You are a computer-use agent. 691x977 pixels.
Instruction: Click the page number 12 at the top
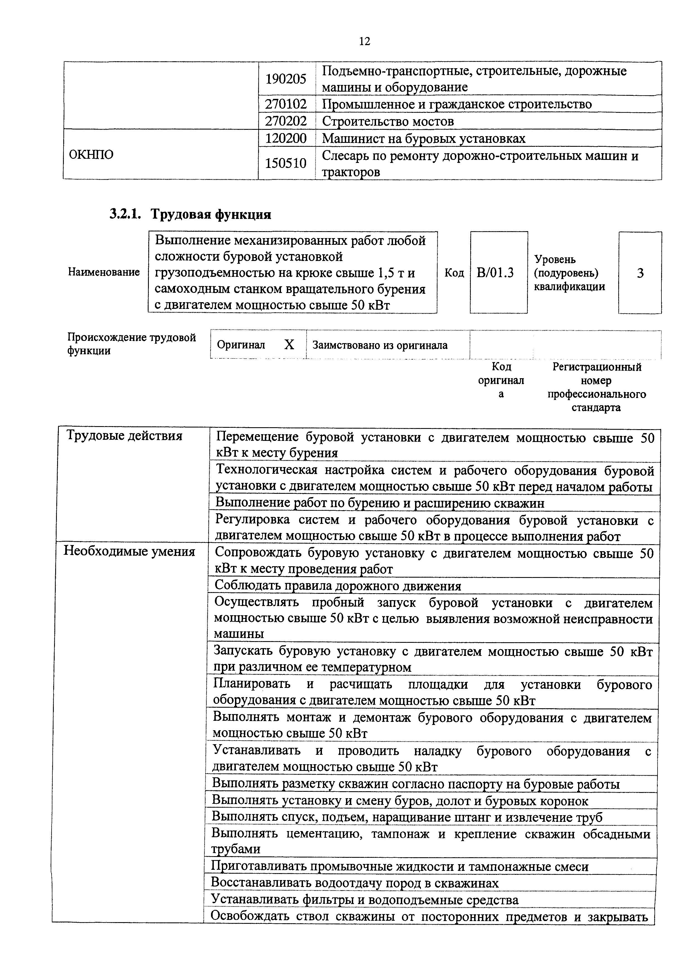pos(364,41)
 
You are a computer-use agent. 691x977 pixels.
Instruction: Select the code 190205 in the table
pos(286,79)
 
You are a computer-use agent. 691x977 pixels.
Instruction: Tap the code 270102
pos(286,104)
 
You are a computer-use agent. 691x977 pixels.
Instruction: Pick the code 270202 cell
pos(286,121)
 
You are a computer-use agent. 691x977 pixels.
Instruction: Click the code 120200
pos(286,138)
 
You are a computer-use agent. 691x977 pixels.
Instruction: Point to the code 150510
pos(286,163)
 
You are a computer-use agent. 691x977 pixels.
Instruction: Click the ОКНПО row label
pos(91,155)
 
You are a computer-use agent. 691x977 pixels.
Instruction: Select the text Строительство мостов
pos(387,121)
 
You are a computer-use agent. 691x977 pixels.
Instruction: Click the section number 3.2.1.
pos(125,214)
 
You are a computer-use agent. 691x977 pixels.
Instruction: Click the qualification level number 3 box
pos(640,273)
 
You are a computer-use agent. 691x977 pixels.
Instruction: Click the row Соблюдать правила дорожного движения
pos(338,586)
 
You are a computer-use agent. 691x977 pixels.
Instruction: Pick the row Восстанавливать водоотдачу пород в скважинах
pos(355,883)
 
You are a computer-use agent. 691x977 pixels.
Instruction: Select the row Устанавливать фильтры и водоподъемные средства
pos(365,900)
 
